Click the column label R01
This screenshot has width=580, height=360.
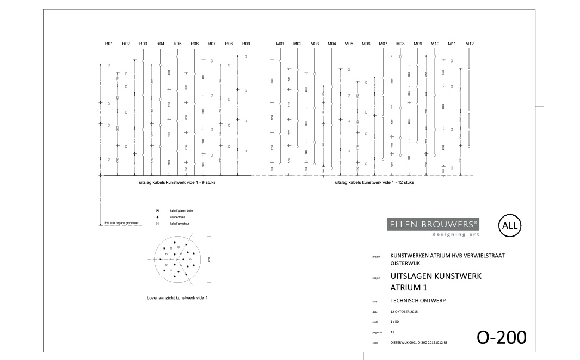(109, 43)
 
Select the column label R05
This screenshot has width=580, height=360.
(177, 43)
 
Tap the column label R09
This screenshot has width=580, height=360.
(246, 43)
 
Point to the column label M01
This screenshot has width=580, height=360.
(280, 43)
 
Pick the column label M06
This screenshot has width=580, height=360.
(366, 43)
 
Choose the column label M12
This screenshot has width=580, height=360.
(470, 43)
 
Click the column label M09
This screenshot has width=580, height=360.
(418, 43)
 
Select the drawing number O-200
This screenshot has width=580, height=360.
(502, 337)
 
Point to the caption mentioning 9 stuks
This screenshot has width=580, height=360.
(178, 183)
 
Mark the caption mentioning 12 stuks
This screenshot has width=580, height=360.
(374, 183)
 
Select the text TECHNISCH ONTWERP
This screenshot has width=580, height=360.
(418, 300)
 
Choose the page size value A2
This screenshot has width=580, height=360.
(393, 332)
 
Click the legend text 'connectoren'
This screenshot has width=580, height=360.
(180, 216)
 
